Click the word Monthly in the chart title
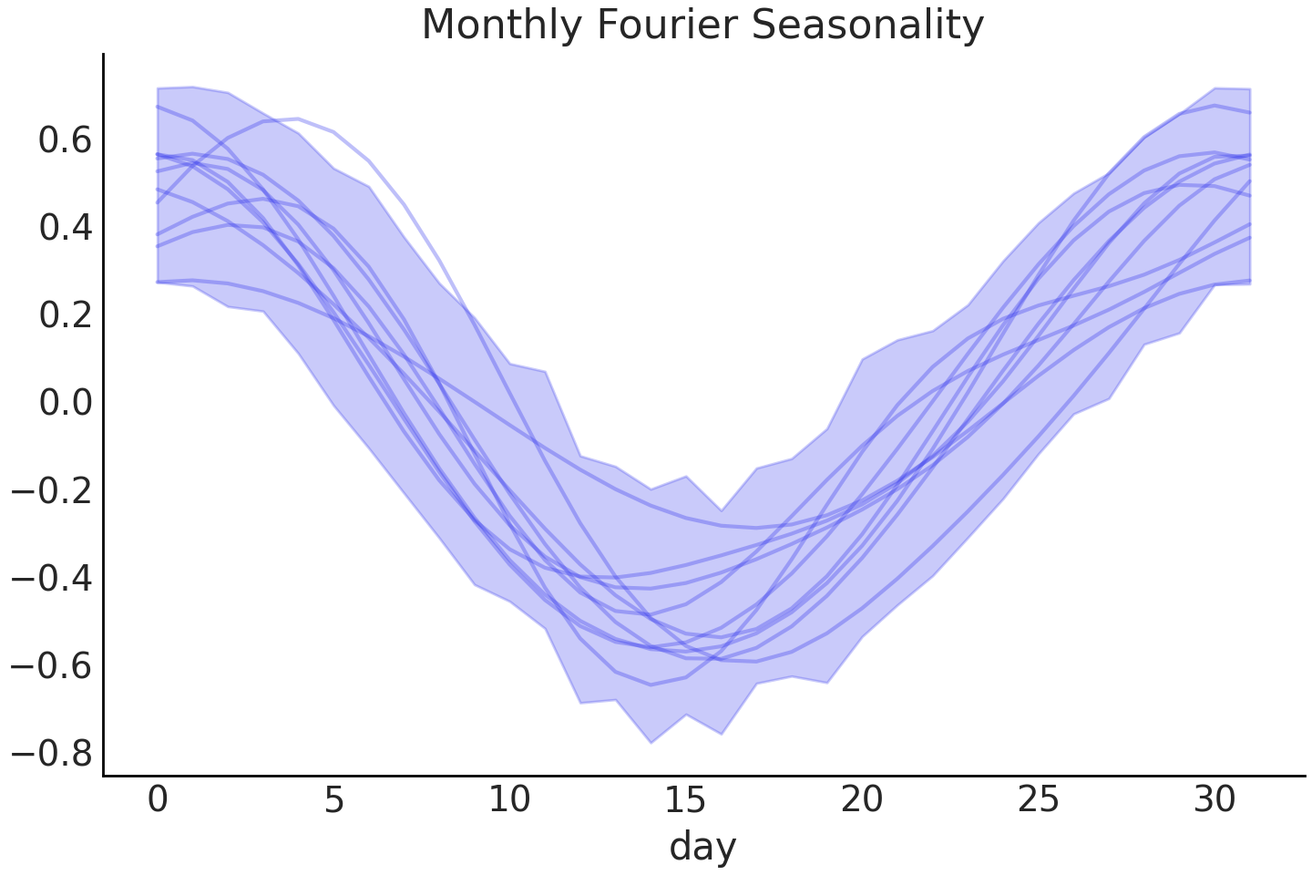pos(502,26)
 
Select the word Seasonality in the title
pos(866,26)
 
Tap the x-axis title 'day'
pos(702,847)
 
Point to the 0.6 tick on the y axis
pos(65,140)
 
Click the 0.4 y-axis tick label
pos(65,228)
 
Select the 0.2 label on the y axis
pos(65,315)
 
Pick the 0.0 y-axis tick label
pos(65,403)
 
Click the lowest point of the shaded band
pos(651,742)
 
